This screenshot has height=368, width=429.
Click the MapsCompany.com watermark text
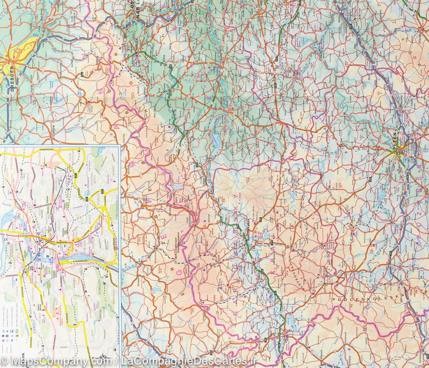[43, 361]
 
